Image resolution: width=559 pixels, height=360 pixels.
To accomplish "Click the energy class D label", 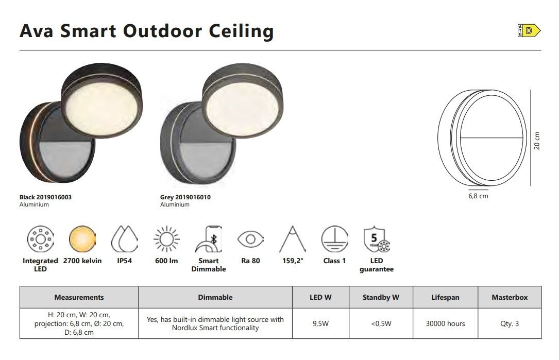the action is [529, 31].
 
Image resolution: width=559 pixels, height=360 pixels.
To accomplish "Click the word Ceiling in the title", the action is [241, 31].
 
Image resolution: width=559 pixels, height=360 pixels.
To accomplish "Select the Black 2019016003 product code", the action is [45, 197].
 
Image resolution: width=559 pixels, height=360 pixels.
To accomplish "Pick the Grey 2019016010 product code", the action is [185, 197].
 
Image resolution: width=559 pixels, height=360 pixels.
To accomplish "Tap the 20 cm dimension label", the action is [537, 141].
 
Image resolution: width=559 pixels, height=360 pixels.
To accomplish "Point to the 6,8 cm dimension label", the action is [478, 196].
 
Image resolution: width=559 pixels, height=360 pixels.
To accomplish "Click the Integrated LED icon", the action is [40, 238].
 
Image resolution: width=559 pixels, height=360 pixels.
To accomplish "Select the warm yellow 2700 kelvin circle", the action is [82, 238].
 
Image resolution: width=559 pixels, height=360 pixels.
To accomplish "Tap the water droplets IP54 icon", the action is [124, 238].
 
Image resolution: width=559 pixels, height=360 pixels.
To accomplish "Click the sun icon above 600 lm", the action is [166, 238].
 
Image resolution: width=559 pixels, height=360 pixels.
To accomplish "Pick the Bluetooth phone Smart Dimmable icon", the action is [209, 239].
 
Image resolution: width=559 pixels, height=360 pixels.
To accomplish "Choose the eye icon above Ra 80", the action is [250, 239].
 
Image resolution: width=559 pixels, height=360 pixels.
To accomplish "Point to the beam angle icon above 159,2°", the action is [293, 238].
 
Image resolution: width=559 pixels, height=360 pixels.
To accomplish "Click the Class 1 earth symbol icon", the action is [334, 238].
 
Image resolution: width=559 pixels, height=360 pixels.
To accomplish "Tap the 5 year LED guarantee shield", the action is [377, 238].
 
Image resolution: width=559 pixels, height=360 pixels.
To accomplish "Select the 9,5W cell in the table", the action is [320, 323].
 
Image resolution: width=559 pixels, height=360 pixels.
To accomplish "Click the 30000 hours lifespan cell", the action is [445, 323].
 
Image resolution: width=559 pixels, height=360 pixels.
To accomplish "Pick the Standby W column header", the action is [381, 297].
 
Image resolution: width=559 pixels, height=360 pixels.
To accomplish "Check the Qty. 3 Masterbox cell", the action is [510, 323].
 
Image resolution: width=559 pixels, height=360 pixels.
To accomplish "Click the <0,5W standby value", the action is [381, 323].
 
